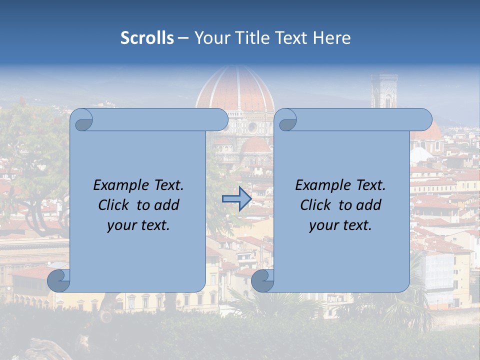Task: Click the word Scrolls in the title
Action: click(x=147, y=38)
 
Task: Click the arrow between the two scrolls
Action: click(x=236, y=199)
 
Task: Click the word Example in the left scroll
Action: click(x=119, y=185)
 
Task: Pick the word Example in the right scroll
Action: click(x=321, y=185)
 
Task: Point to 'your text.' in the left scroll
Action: click(x=138, y=225)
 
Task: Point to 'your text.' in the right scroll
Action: click(x=340, y=225)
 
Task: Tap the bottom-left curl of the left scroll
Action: click(x=58, y=281)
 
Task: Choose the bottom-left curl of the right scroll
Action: click(x=262, y=281)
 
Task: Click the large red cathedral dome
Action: click(x=235, y=90)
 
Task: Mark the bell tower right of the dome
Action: click(x=384, y=92)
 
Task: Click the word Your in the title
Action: click(x=209, y=38)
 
